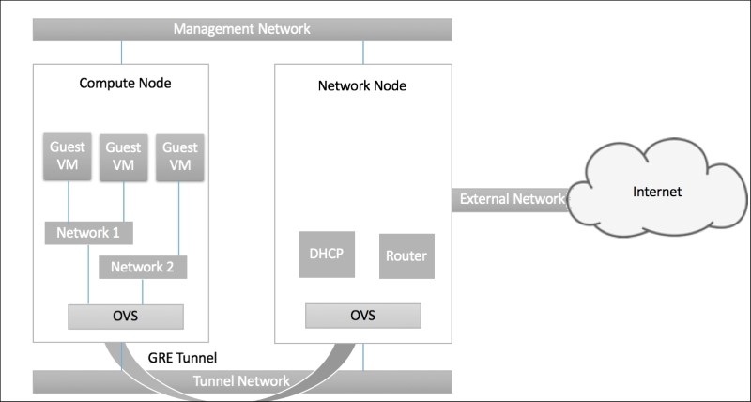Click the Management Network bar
coord(242,29)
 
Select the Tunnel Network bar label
coord(241,381)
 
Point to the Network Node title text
coord(361,87)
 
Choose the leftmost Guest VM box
coord(69,156)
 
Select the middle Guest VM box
coord(124,156)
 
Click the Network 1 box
coord(88,232)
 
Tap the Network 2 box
coord(143,267)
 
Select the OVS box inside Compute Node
coord(125,316)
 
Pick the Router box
coord(407,255)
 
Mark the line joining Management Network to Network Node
coord(361,53)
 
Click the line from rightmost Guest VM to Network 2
coord(179,217)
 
